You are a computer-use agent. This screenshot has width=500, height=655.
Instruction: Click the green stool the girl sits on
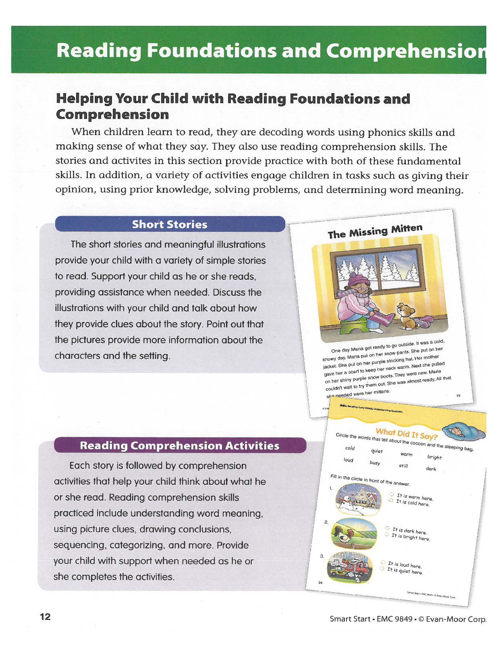(x=355, y=324)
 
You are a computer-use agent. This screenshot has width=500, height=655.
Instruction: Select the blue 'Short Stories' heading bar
(x=170, y=224)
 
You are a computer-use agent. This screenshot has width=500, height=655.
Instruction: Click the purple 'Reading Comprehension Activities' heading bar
(x=180, y=445)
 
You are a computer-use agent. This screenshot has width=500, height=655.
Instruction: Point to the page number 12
(x=45, y=616)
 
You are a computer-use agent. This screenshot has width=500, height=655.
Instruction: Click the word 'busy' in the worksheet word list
(x=375, y=463)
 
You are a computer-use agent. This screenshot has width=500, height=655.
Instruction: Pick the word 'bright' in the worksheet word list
(x=434, y=457)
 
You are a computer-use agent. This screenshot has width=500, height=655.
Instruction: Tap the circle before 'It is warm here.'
(x=391, y=494)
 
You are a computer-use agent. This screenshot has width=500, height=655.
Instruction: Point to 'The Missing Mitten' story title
(x=375, y=231)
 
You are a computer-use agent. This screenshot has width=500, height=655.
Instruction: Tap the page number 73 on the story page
(x=458, y=395)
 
